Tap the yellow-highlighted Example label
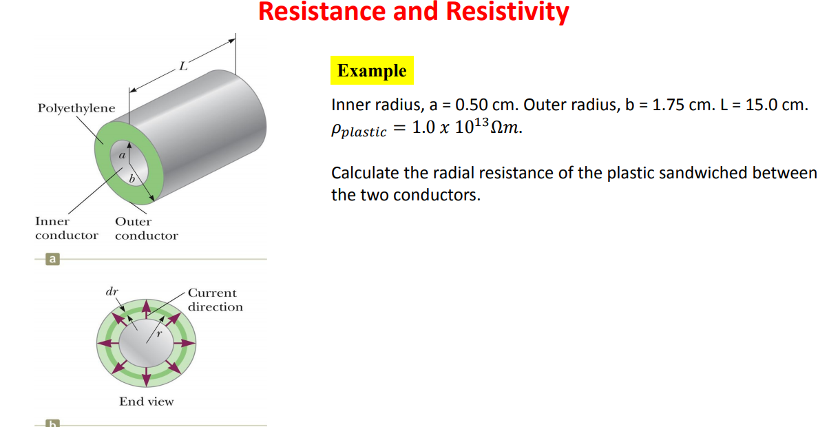pyautogui.click(x=372, y=71)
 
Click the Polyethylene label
pyautogui.click(x=76, y=108)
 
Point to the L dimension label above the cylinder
pyautogui.click(x=182, y=67)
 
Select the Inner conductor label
pyautogui.click(x=66, y=229)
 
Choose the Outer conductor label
pyautogui.click(x=146, y=229)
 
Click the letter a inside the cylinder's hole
pyautogui.click(x=121, y=156)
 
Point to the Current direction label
pyautogui.click(x=215, y=300)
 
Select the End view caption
pyautogui.click(x=146, y=402)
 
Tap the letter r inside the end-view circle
pyautogui.click(x=159, y=334)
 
